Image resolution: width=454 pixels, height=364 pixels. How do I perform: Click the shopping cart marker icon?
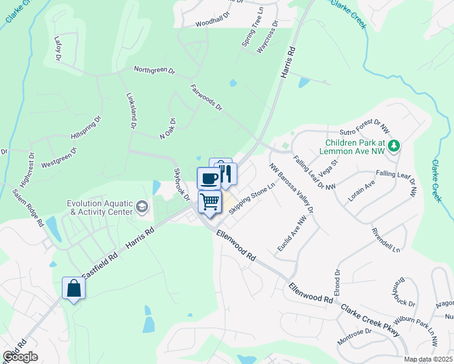click(x=210, y=201)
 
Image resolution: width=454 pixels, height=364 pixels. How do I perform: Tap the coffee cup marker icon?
click(x=209, y=179)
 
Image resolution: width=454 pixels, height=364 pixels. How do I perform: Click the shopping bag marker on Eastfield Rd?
click(x=73, y=289)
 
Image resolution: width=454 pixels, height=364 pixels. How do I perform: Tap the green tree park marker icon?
click(x=394, y=146)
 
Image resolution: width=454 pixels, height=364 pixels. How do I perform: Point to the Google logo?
click(x=20, y=357)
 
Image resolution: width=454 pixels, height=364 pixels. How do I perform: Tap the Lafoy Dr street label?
click(x=58, y=48)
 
